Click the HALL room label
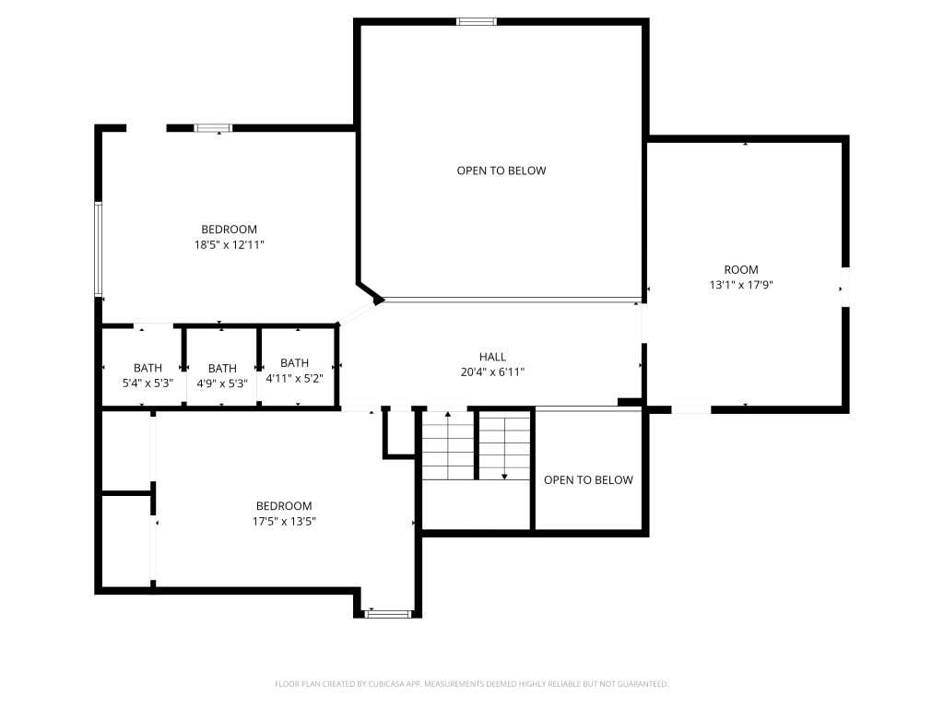pos(492,357)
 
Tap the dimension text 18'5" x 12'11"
pos(230,245)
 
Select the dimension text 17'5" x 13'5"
pos(284,522)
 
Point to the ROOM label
pos(741,270)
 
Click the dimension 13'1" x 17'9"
pos(741,285)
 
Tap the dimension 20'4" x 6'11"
pos(492,372)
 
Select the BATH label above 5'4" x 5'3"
pos(148,368)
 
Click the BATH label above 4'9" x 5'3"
pos(222,369)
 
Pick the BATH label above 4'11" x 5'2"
pos(294,363)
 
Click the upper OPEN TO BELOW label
pos(501,171)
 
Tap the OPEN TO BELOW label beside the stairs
pos(589,479)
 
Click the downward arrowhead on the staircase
pos(504,477)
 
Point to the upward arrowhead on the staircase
pos(448,414)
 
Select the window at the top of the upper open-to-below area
pos(477,22)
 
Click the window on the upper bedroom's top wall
pos(213,127)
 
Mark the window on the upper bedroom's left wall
pos(98,249)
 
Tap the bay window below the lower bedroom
pos(389,614)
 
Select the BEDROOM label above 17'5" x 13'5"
pos(284,506)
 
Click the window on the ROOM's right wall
pos(845,287)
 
